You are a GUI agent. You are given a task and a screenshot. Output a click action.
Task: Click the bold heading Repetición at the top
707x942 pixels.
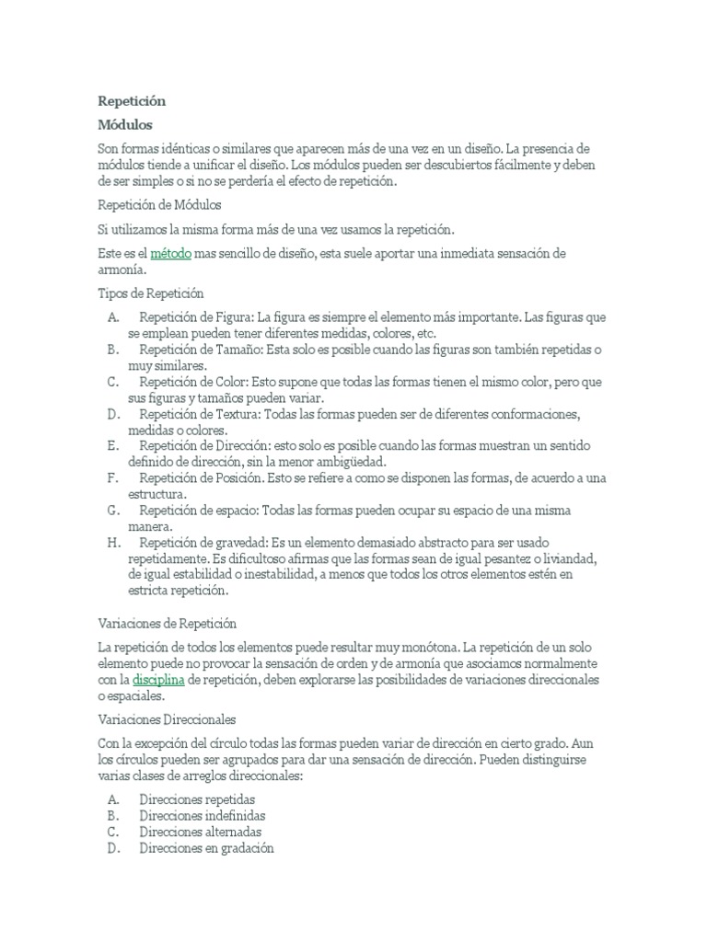pyautogui.click(x=131, y=100)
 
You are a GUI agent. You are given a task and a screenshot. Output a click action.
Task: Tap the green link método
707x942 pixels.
pyautogui.click(x=170, y=253)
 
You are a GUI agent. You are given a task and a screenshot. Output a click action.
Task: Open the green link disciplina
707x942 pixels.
pyautogui.click(x=159, y=679)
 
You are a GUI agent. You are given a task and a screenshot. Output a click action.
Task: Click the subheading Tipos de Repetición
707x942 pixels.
pyautogui.click(x=150, y=293)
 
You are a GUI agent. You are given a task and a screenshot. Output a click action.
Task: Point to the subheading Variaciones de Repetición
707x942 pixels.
pyautogui.click(x=167, y=623)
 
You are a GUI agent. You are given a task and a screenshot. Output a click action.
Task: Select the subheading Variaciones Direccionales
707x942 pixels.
pyautogui.click(x=167, y=718)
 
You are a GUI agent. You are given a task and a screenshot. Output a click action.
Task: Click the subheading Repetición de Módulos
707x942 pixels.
pyautogui.click(x=158, y=204)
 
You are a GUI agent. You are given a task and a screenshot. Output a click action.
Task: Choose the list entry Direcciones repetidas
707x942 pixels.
pyautogui.click(x=197, y=799)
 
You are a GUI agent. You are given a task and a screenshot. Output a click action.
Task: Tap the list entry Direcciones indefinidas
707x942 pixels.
pyautogui.click(x=202, y=816)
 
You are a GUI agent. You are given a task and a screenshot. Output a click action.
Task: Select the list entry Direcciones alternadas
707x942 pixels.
pyautogui.click(x=200, y=833)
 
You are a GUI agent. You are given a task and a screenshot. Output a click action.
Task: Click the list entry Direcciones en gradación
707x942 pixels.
pyautogui.click(x=206, y=849)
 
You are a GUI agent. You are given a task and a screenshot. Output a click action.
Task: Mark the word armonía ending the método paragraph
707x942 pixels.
pyautogui.click(x=120, y=270)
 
